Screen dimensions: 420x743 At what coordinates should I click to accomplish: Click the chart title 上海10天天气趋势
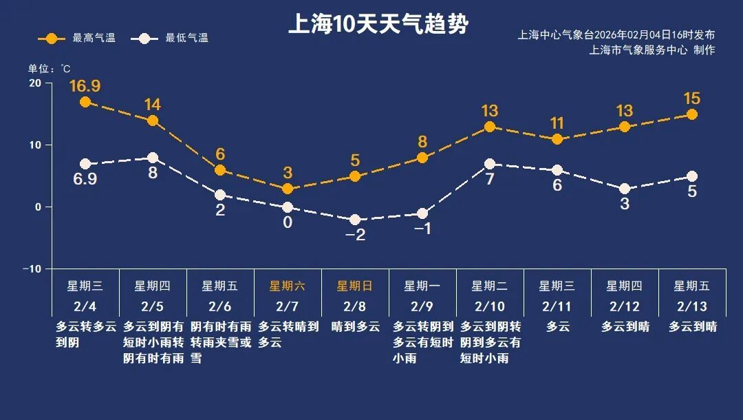(x=378, y=25)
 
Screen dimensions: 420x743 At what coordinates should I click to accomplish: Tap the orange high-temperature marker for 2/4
(x=85, y=102)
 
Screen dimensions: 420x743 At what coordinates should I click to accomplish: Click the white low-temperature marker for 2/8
(x=355, y=220)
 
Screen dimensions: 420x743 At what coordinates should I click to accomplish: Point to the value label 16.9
(x=85, y=86)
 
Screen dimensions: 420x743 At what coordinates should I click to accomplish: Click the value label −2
(x=355, y=235)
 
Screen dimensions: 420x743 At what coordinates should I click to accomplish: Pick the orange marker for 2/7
(x=288, y=189)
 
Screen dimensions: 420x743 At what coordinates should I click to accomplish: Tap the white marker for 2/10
(x=490, y=164)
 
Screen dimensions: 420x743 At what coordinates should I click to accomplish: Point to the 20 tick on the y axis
(x=34, y=83)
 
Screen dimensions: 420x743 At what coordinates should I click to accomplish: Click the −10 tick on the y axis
(x=32, y=269)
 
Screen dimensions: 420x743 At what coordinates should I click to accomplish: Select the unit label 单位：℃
(x=49, y=69)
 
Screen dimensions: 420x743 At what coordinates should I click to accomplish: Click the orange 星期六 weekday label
(x=287, y=286)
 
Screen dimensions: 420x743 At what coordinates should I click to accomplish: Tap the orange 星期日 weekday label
(x=354, y=286)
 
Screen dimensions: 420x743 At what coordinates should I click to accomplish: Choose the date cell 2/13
(x=691, y=306)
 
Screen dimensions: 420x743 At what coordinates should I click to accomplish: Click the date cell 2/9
(x=422, y=306)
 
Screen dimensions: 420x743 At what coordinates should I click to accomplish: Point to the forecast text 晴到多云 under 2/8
(x=355, y=327)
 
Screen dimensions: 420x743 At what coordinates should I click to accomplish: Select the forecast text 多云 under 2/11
(x=557, y=327)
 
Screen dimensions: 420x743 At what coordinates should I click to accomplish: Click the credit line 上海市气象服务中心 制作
(x=652, y=50)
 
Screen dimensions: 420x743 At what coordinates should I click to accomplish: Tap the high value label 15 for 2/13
(x=691, y=98)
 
